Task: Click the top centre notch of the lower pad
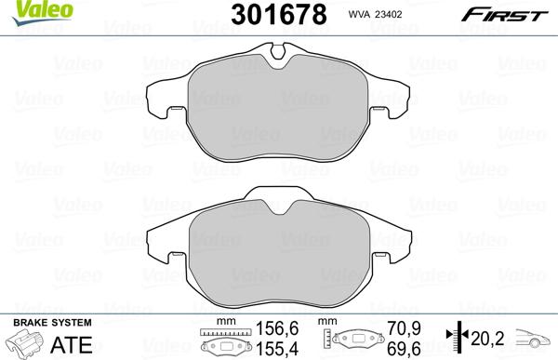(278, 202)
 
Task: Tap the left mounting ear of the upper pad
(166, 105)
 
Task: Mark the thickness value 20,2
(491, 338)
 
